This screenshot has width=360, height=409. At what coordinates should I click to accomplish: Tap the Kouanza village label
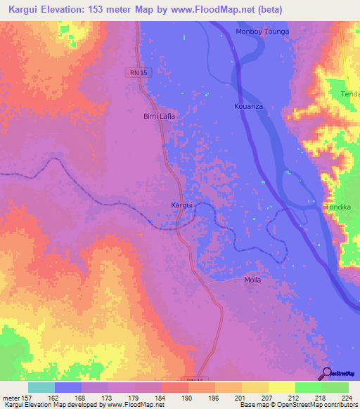(x=247, y=106)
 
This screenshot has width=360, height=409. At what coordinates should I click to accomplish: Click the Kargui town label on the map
(x=183, y=205)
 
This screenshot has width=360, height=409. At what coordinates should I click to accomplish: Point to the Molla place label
(x=252, y=280)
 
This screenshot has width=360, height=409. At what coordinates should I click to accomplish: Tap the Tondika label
(x=337, y=207)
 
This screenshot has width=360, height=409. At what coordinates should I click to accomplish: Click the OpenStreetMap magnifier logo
(x=327, y=374)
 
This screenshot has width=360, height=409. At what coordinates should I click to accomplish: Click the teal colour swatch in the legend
(x=41, y=387)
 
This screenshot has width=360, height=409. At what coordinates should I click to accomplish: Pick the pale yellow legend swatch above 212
(x=281, y=387)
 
